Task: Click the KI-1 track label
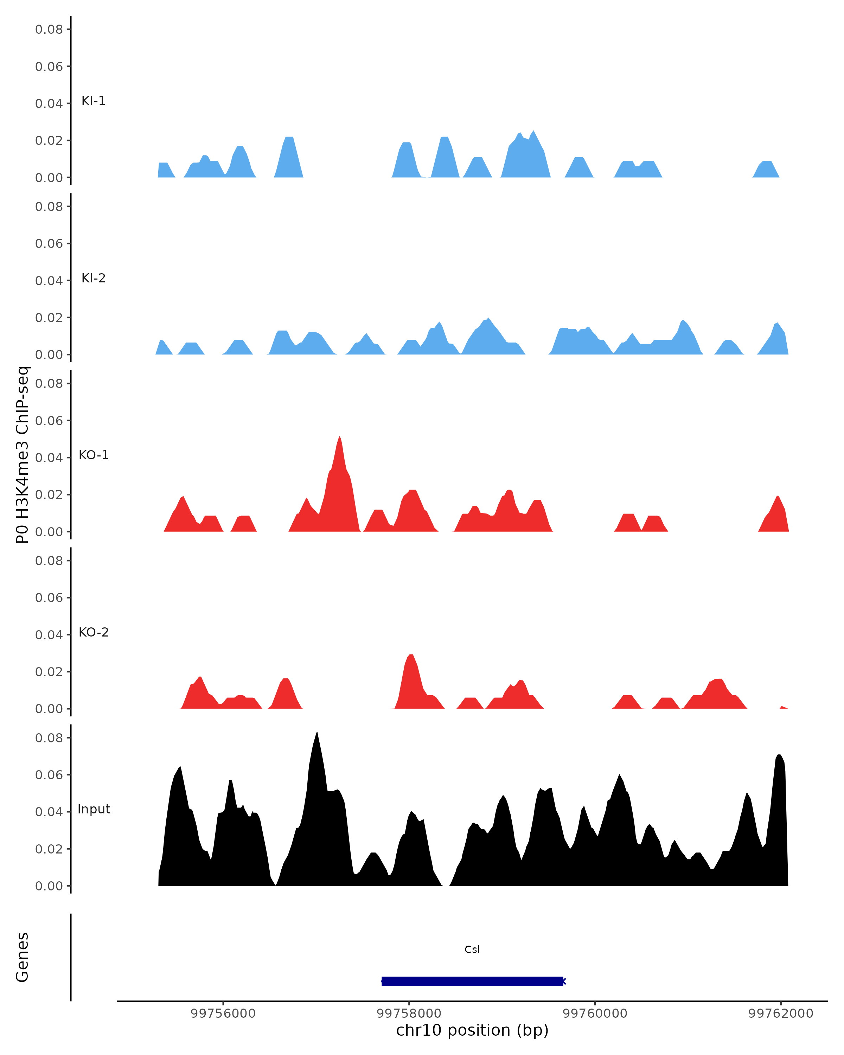point(94,101)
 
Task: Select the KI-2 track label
point(94,279)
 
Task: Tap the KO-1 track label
point(94,455)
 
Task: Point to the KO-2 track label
point(94,632)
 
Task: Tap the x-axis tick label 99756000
point(223,1014)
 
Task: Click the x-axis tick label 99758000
point(409,1014)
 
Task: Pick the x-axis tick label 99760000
point(595,1014)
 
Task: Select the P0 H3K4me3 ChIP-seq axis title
point(23,455)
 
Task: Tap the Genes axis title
point(23,957)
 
